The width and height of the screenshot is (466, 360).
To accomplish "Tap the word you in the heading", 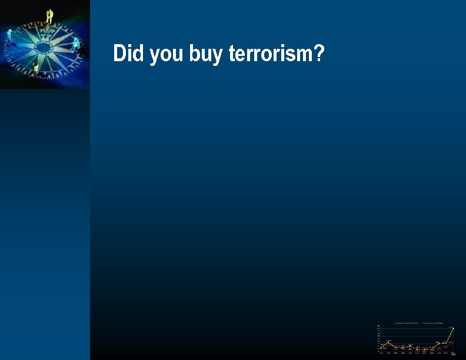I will [167, 55].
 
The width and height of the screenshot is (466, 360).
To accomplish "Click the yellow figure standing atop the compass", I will [50, 15].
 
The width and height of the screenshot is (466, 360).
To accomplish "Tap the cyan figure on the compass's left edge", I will [9, 36].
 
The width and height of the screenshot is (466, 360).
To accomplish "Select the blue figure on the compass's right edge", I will [75, 44].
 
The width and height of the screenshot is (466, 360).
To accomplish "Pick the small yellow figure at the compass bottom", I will [36, 68].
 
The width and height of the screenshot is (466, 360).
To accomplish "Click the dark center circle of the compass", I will [43, 46].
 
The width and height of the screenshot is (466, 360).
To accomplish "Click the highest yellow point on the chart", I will [452, 328].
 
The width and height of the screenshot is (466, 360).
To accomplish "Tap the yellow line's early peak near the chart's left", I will [388, 341].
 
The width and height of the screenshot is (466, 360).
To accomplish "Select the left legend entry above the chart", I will [407, 322].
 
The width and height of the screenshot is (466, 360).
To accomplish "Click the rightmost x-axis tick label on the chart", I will [452, 353].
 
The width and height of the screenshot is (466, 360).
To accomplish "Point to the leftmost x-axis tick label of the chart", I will [381, 353].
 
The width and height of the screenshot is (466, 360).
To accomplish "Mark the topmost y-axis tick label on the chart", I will [378, 326].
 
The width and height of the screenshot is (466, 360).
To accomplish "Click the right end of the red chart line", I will [452, 342].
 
